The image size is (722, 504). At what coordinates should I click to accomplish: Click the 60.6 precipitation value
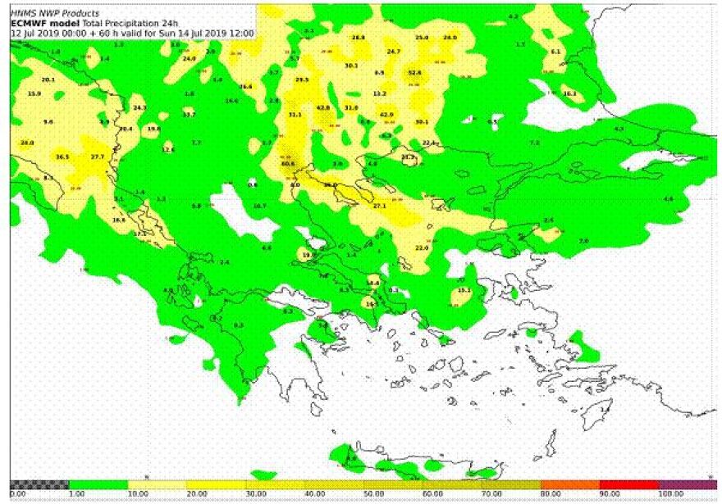click(288, 164)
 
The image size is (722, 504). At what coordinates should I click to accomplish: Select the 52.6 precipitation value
click(414, 73)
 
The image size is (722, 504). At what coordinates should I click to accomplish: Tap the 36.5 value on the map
click(62, 157)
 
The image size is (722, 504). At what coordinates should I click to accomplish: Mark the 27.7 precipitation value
click(98, 157)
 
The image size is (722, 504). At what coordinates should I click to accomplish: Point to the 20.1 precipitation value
click(48, 79)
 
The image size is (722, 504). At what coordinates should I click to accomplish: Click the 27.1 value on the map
click(380, 207)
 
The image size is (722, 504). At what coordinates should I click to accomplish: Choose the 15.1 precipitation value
click(464, 290)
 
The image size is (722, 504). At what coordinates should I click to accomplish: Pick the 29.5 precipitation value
click(302, 79)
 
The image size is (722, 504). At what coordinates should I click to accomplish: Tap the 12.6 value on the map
click(168, 150)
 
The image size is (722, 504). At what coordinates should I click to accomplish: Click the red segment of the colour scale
click(629, 485)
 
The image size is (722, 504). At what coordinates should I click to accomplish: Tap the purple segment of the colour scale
click(688, 485)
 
